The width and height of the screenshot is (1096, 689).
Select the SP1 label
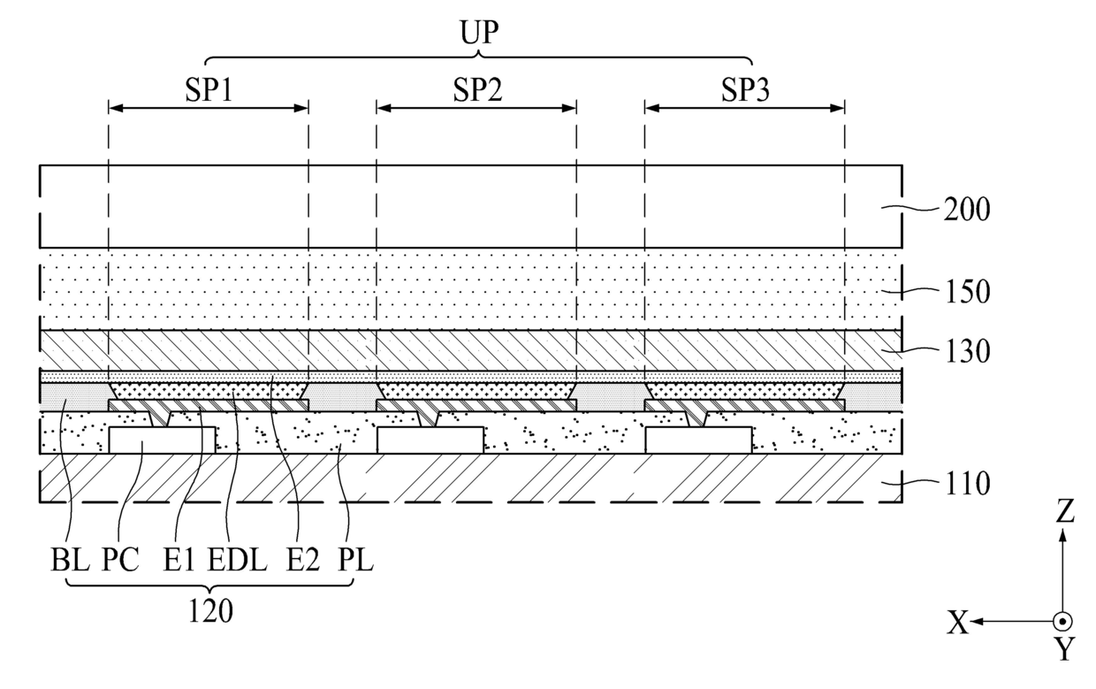tap(208, 91)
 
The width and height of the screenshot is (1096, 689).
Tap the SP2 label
tap(476, 91)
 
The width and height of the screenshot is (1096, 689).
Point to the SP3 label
tap(744, 91)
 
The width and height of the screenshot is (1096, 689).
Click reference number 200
tap(966, 211)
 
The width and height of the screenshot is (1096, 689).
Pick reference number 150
tap(966, 291)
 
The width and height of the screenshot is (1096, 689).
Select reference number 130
tap(966, 352)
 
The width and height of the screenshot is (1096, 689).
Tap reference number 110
tap(966, 484)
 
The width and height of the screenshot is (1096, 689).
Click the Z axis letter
tap(1065, 512)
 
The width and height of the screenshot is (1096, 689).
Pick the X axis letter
tap(958, 624)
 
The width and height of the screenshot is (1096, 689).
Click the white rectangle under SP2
tap(430, 440)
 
